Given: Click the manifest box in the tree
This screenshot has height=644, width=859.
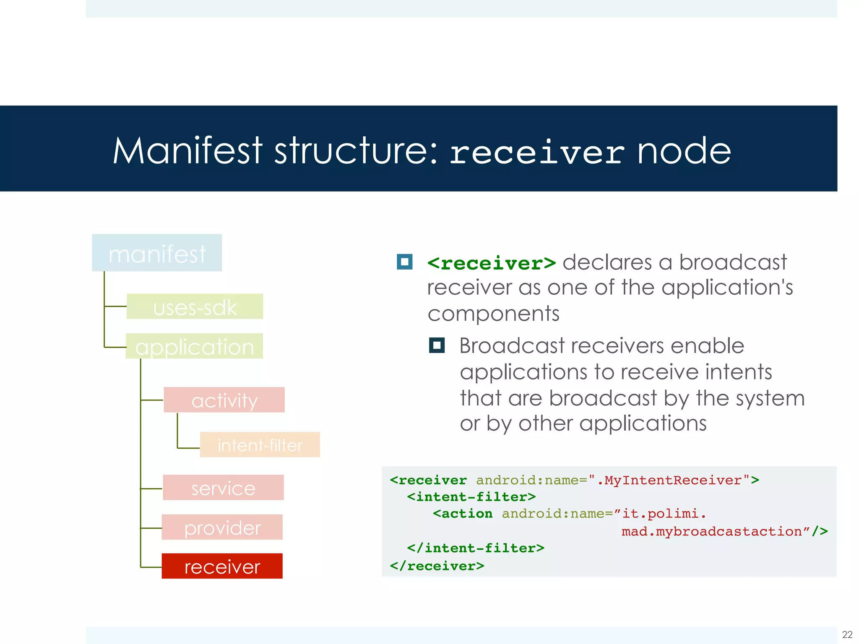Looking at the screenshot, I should [x=157, y=253].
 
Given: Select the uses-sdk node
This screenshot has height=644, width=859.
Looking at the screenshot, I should [x=195, y=306].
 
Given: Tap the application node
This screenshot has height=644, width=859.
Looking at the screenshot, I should [x=194, y=346].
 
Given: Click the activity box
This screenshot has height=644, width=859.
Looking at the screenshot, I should [x=224, y=400].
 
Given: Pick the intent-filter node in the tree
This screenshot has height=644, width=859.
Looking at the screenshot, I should [x=260, y=445].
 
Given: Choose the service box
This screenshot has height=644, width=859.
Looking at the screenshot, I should [x=223, y=488].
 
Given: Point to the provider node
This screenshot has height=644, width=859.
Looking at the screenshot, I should [x=222, y=527].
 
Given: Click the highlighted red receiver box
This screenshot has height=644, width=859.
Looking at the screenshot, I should [x=222, y=566].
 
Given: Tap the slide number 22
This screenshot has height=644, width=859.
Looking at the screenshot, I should [x=847, y=634].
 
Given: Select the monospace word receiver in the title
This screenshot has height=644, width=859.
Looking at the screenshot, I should [x=537, y=153].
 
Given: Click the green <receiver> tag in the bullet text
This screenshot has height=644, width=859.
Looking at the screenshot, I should [x=492, y=263].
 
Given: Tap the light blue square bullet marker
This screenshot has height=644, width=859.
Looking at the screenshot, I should [x=405, y=262].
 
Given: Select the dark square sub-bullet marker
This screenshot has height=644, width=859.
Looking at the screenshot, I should [x=437, y=345].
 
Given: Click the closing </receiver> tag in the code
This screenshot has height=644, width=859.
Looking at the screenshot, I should [x=437, y=566].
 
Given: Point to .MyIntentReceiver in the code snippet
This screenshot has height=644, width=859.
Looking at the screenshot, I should [x=669, y=480].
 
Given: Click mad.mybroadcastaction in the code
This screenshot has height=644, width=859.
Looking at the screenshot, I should [x=712, y=532].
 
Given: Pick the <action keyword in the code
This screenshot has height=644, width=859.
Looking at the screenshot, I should [x=463, y=514].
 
